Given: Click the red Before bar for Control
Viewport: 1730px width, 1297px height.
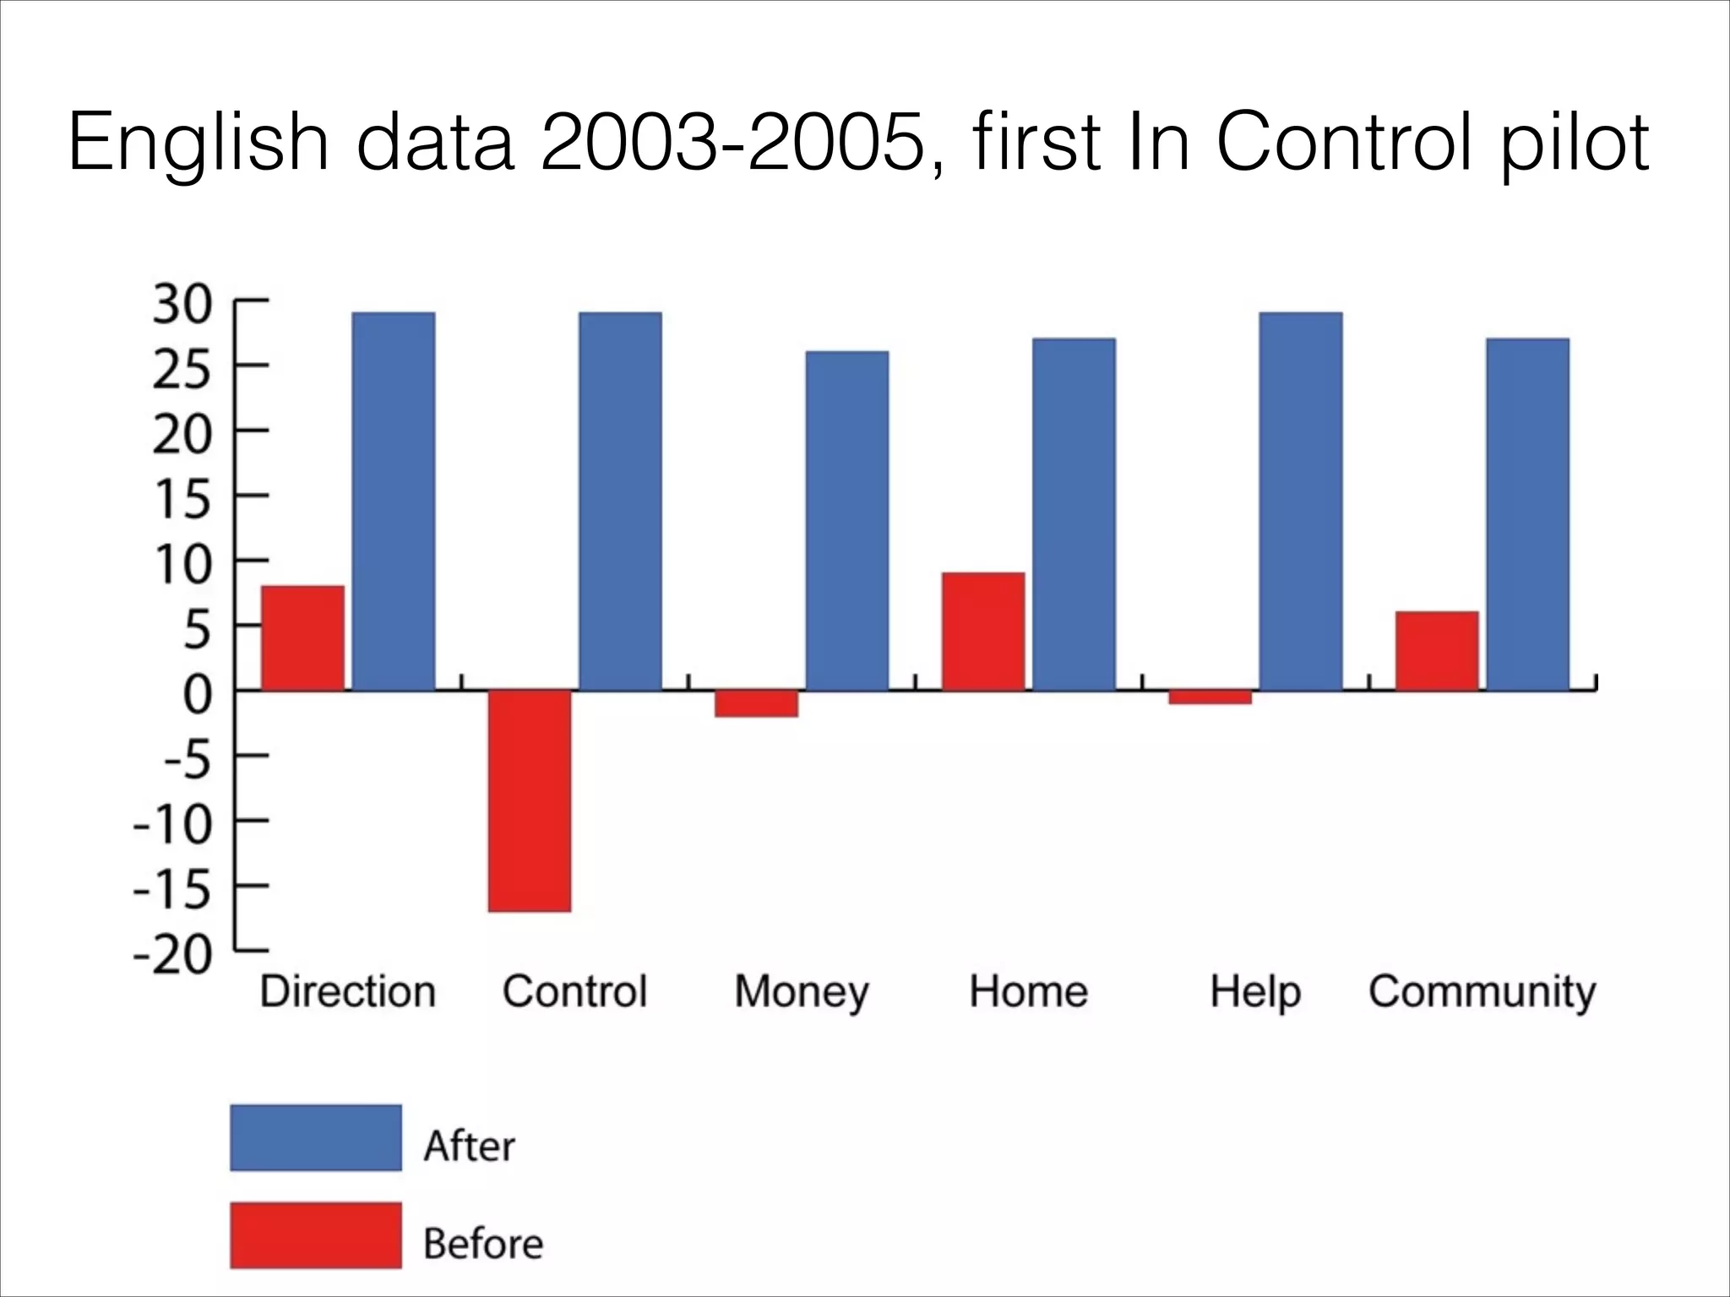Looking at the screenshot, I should [x=530, y=800].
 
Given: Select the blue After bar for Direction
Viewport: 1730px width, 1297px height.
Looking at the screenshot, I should [x=394, y=502].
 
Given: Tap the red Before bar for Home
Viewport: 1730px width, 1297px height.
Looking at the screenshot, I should [x=983, y=632].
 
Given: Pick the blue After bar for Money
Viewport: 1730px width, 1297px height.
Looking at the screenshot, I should [x=847, y=521].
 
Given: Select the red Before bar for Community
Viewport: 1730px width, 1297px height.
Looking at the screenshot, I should [x=1437, y=651].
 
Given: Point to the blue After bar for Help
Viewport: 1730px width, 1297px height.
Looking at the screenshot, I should [x=1301, y=502].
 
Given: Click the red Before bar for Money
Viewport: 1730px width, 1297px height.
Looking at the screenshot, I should [x=757, y=704].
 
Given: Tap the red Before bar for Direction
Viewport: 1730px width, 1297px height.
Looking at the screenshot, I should [x=302, y=638].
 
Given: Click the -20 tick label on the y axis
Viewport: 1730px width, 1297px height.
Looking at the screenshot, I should [x=173, y=955].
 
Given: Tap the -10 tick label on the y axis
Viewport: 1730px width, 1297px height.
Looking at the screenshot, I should [x=173, y=825].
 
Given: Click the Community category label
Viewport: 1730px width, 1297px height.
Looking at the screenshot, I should [x=1482, y=992].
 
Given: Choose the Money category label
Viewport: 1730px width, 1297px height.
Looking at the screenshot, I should [x=802, y=992].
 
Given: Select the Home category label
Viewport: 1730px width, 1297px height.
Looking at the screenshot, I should [x=1028, y=991].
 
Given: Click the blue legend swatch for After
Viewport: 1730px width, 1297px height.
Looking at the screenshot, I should [x=316, y=1137].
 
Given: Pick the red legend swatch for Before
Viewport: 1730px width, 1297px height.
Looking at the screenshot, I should [x=316, y=1235].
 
